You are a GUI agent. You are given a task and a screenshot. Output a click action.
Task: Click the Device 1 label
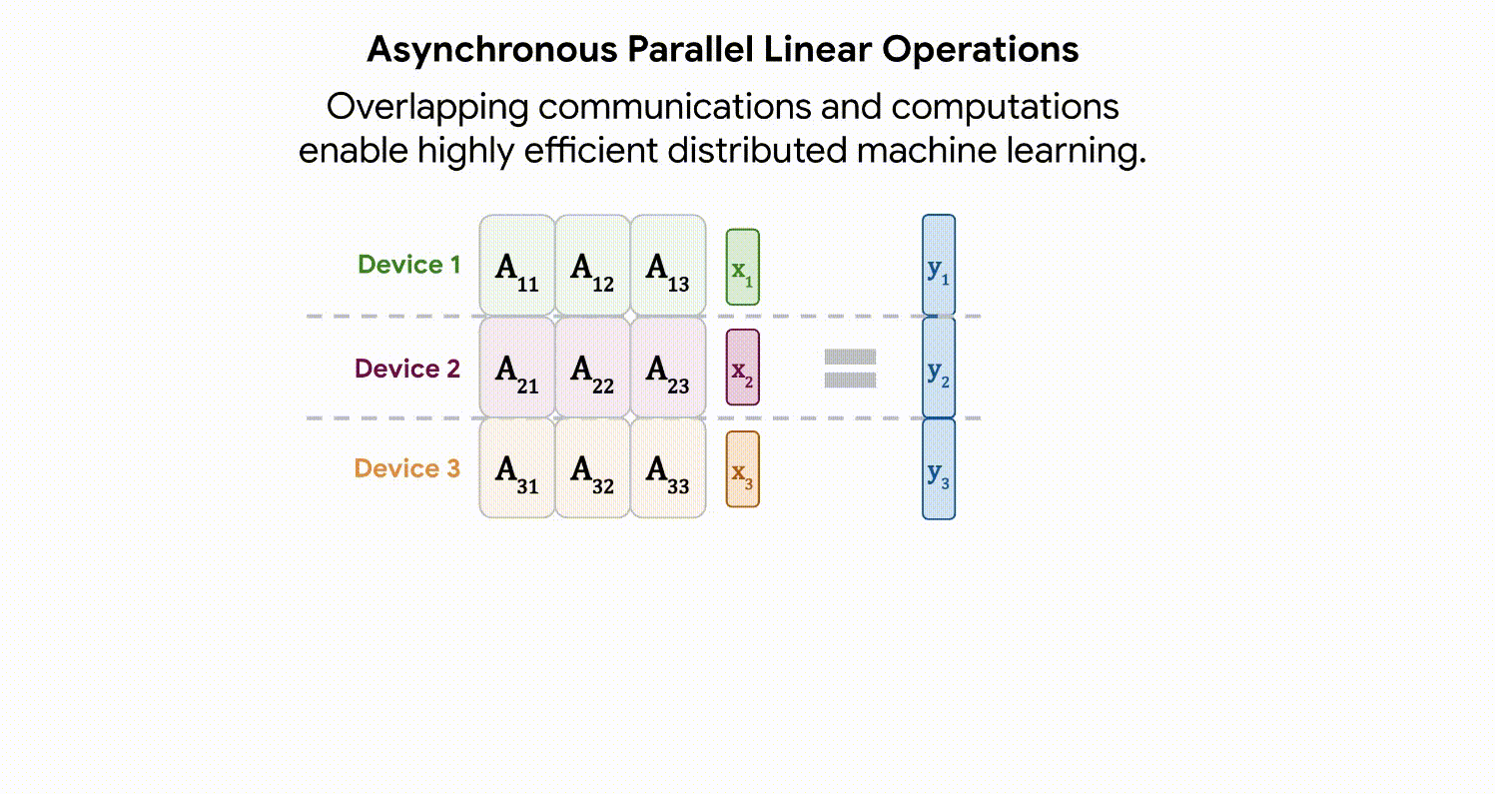coord(409,265)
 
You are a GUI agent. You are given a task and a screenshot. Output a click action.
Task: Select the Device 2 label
coord(407,369)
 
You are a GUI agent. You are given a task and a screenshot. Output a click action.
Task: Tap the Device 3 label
coord(407,468)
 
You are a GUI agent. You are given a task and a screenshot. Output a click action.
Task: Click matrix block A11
coord(517,267)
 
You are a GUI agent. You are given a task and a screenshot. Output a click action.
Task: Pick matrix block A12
coord(592,267)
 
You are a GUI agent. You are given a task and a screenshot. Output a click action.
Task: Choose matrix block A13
coord(668,267)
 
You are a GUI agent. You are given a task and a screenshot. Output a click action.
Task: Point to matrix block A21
coord(517,368)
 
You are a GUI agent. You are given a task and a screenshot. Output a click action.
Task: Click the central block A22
coord(592,368)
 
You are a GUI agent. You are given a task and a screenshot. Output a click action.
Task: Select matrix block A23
coord(668,368)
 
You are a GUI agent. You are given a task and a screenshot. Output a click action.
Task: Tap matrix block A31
coord(517,468)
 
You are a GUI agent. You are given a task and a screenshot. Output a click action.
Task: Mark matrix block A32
coord(592,468)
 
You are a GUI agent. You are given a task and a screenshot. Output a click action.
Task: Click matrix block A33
coord(668,468)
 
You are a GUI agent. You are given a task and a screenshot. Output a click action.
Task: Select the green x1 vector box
coord(742,267)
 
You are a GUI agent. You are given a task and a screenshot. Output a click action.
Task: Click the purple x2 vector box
coord(742,368)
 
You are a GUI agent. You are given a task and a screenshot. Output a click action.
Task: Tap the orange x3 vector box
coord(742,469)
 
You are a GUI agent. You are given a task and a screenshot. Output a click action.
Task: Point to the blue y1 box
coord(938,266)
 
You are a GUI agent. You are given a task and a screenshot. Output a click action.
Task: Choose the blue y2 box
coord(938,368)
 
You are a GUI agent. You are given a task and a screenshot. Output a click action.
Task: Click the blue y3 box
coord(938,469)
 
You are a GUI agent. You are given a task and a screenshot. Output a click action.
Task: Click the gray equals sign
coord(850,369)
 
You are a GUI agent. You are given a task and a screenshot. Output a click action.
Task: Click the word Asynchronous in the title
coord(490,49)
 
